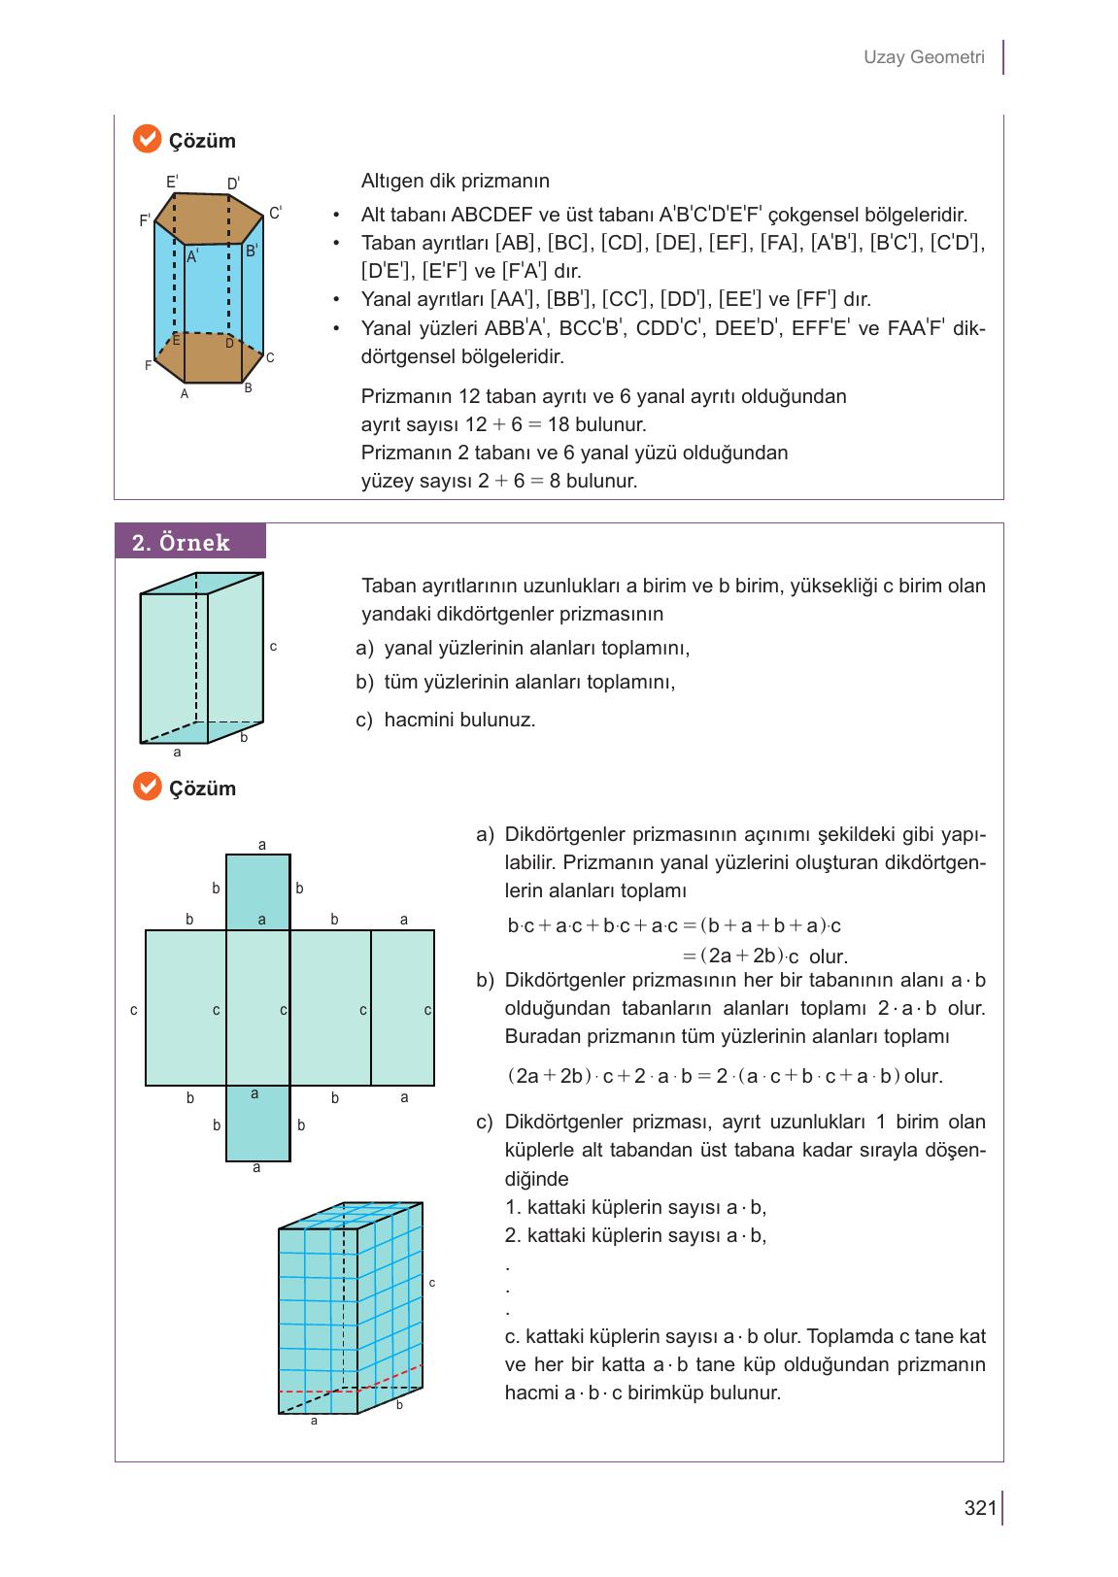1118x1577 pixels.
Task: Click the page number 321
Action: [x=980, y=1508]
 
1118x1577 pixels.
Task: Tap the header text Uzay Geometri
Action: [x=924, y=57]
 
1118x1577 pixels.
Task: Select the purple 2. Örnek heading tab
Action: [x=189, y=542]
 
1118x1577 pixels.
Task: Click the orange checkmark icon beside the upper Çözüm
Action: [x=146, y=140]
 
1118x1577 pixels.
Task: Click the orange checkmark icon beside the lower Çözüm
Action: [x=146, y=787]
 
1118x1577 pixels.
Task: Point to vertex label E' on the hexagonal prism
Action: [x=172, y=182]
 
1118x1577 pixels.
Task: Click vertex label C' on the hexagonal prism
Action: [x=275, y=213]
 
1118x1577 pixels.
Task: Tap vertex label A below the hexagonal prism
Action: [x=185, y=394]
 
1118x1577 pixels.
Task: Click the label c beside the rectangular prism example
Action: [x=274, y=646]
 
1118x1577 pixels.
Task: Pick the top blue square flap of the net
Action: [x=257, y=891]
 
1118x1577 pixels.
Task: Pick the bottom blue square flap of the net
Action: [x=257, y=1123]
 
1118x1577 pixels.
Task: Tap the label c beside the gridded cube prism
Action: [x=432, y=1283]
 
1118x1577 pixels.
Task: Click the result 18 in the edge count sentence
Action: [x=559, y=424]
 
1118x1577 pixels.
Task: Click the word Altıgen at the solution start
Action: [x=391, y=181]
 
